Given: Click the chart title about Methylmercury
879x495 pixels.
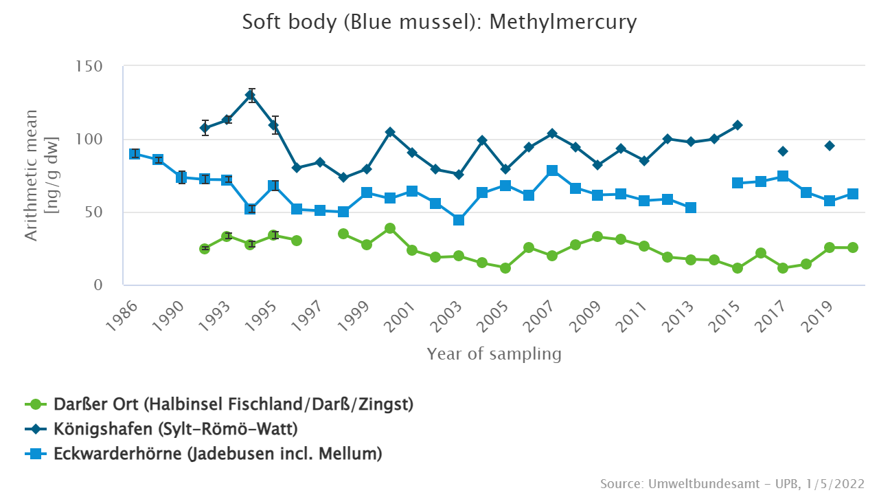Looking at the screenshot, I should point(439,22).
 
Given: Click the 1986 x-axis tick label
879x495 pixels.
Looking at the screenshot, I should point(124,317).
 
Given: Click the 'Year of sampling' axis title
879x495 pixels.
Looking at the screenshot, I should point(494,354).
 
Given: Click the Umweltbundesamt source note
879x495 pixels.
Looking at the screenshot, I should point(732,483).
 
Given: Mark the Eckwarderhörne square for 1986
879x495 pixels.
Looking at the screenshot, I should point(135,154).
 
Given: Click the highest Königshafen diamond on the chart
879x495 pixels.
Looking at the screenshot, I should point(251,95).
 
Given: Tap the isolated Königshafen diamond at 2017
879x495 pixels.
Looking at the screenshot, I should point(783,151).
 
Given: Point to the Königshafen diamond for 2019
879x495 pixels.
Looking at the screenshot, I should point(830,146).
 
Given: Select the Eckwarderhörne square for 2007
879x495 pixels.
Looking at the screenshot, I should point(552,170).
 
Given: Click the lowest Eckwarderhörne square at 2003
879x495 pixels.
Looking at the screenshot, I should point(459,220).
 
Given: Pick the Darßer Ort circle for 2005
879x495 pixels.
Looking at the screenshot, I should point(505,268).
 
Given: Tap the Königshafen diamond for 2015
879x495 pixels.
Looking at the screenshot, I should point(738,125).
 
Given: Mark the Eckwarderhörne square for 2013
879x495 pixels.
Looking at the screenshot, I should point(691,208).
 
